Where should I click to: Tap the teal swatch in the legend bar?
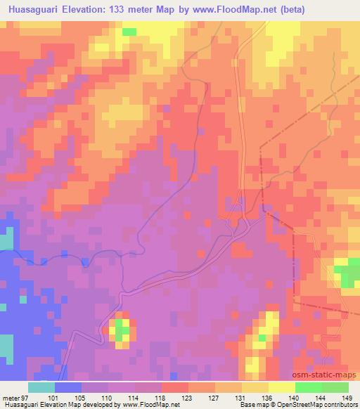pyautogui.click(x=41, y=388)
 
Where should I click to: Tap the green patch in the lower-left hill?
pyautogui.click(x=121, y=328)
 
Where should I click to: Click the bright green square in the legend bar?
pyautogui.click(x=309, y=388)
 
